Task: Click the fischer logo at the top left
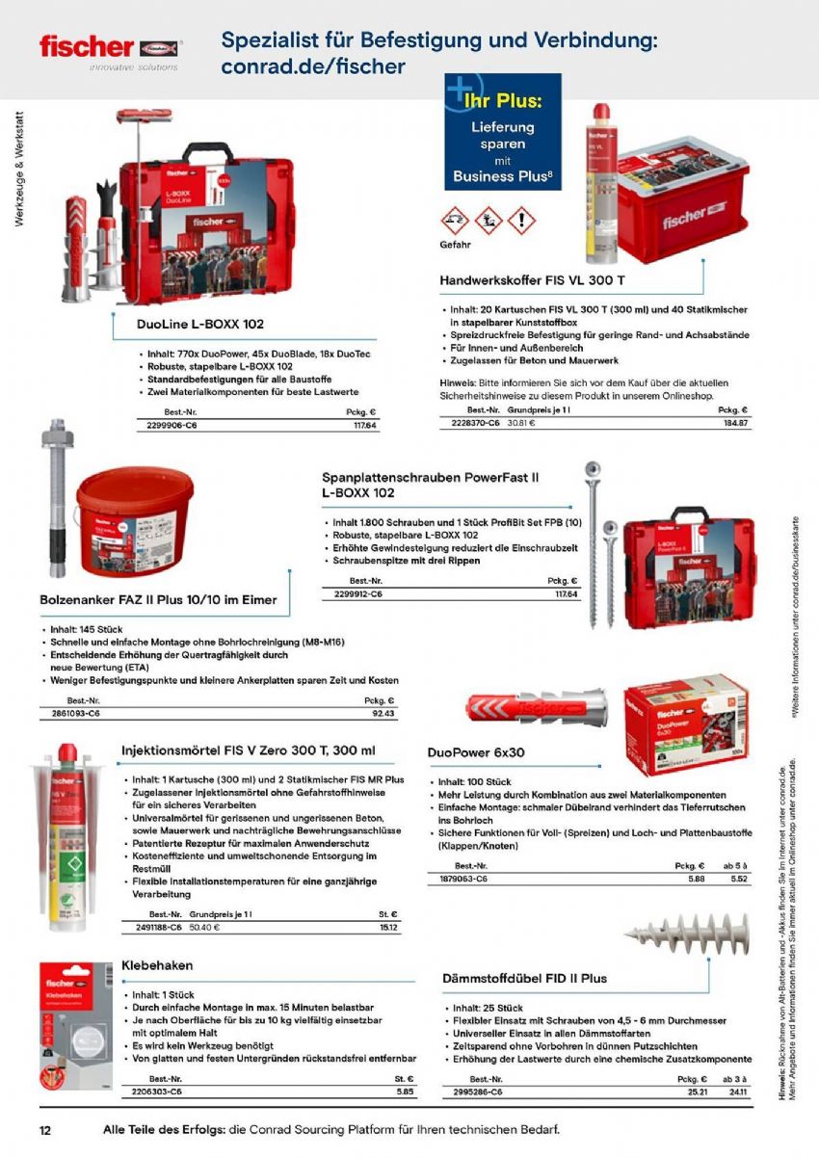pos(110,47)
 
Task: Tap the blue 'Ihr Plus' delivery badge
pos(502,132)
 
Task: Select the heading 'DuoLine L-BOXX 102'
pos(200,325)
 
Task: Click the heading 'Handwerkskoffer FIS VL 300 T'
pos(532,280)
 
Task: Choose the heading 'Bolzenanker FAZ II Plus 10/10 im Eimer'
pos(158,599)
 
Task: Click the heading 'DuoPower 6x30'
pos(475,751)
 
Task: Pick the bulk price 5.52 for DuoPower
pos(739,878)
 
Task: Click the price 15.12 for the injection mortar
pos(388,927)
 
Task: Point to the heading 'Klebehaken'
pos(157,964)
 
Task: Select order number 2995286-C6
pos(478,1092)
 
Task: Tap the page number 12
pos(45,1129)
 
